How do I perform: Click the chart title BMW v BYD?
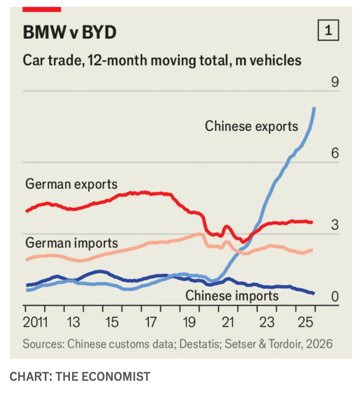[x=70, y=32]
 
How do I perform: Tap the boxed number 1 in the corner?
[x=328, y=30]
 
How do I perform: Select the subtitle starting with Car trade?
[x=162, y=60]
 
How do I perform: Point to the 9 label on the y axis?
[x=335, y=82]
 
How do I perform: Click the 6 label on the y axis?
[x=335, y=153]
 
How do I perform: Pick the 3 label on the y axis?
[x=335, y=225]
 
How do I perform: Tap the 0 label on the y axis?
[x=335, y=296]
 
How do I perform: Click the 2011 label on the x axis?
[x=35, y=322]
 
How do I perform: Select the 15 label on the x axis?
[x=112, y=322]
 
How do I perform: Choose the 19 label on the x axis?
[x=189, y=322]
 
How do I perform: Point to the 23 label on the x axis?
[x=266, y=322]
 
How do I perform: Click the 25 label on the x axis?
[x=305, y=322]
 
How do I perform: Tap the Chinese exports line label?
[x=251, y=126]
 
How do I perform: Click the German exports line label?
[x=71, y=184]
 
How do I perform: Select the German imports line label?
[x=71, y=243]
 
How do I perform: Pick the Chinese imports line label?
[x=232, y=296]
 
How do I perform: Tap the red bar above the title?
[x=42, y=9]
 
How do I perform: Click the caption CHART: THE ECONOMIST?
[x=80, y=377]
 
